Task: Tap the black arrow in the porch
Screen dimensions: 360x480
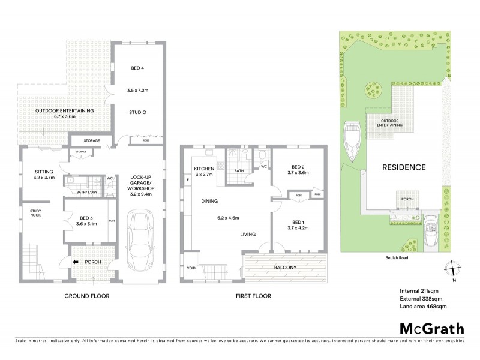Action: (76, 262)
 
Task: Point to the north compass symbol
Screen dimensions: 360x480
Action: (454, 269)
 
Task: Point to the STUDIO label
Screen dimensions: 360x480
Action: (137, 112)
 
